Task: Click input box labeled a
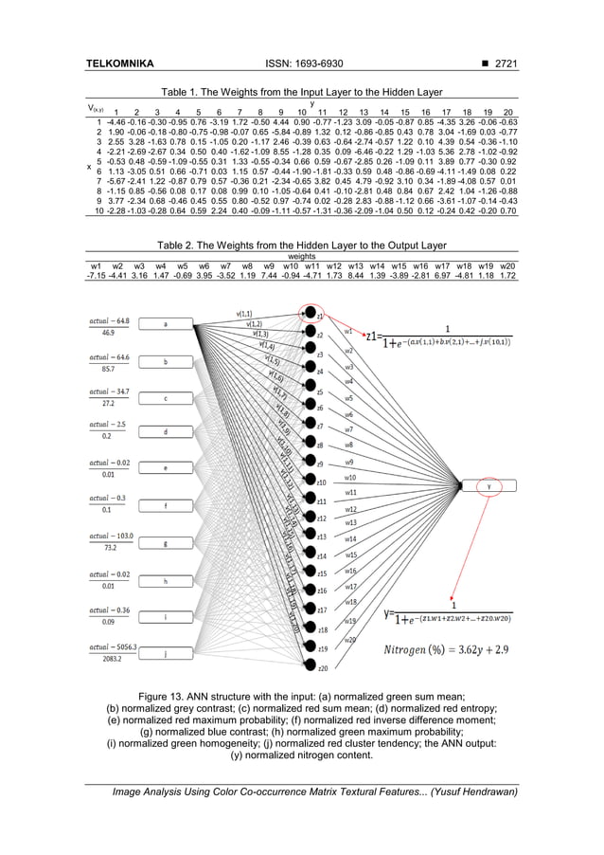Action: click(x=167, y=324)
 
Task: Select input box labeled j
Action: click(x=167, y=654)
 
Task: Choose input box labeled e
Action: click(x=167, y=468)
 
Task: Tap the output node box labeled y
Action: click(x=489, y=484)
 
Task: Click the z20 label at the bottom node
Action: click(x=323, y=669)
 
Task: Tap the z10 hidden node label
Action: click(x=322, y=483)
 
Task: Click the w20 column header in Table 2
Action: click(x=506, y=265)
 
